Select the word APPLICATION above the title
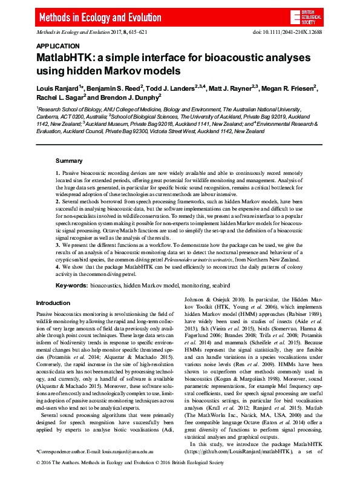(57, 46)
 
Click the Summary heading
(69, 161)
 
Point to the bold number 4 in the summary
(57, 267)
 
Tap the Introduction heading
(53, 303)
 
